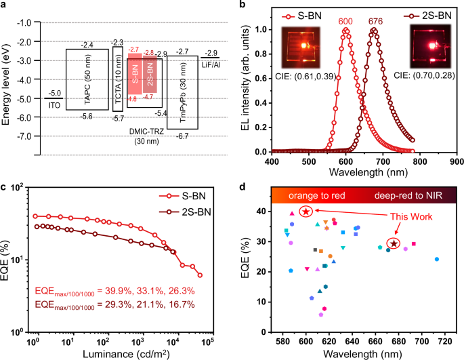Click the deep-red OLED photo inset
point(429,50)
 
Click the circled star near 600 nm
point(306,212)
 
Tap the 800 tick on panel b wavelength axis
point(421,163)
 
